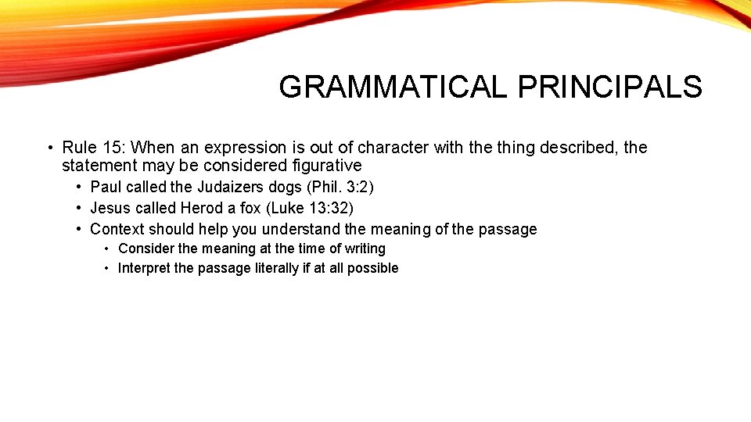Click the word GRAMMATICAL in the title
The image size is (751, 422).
394,87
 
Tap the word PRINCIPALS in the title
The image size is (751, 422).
609,87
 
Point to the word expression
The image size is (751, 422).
223,148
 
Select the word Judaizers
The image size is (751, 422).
231,187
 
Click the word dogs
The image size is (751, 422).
285,187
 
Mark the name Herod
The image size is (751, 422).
201,208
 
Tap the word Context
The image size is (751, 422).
117,229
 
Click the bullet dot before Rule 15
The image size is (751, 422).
49,148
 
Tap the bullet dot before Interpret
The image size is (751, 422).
106,268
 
